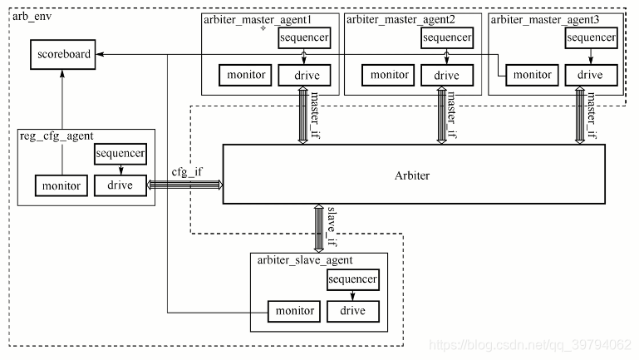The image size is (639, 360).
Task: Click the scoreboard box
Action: click(63, 56)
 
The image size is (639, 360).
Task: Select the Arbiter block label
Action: click(413, 175)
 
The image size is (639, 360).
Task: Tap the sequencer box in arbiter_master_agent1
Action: click(303, 38)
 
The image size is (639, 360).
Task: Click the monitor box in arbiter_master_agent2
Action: click(389, 76)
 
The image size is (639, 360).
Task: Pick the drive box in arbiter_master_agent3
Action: click(590, 76)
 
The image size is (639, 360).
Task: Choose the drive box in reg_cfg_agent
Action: click(120, 185)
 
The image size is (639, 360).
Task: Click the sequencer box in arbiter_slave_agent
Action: click(352, 279)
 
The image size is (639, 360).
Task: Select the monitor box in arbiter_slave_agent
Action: click(294, 311)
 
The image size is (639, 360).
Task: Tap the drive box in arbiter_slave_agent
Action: click(352, 311)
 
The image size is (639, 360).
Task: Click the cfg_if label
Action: click(187, 171)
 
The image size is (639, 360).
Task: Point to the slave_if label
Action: click(332, 227)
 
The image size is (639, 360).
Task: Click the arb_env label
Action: click(31, 16)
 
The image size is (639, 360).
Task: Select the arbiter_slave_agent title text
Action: click(304, 260)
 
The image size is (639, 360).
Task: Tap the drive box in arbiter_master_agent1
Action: click(303, 76)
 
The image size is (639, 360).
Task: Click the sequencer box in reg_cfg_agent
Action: click(120, 154)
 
